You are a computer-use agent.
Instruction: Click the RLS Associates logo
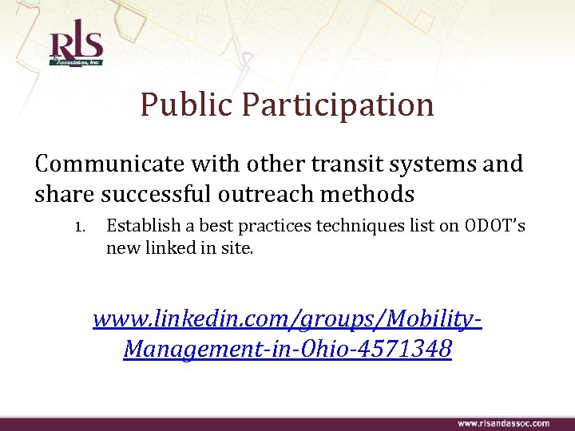[76, 46]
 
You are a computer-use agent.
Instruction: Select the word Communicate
[110, 164]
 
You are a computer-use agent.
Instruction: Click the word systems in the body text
[434, 164]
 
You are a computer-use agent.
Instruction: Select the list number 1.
[81, 227]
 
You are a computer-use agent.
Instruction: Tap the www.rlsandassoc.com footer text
[503, 423]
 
